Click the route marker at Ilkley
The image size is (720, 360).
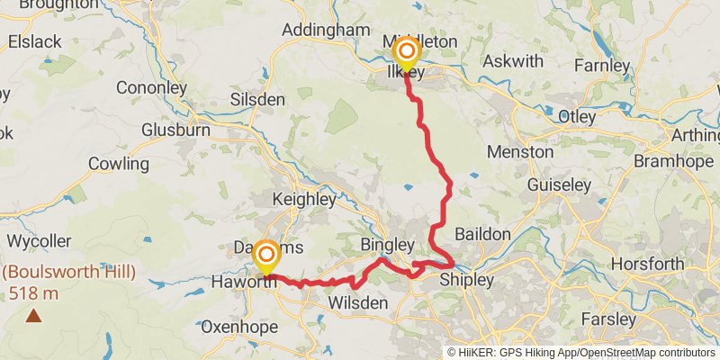(x=406, y=52)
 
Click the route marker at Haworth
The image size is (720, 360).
(x=266, y=255)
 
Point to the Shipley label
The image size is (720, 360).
(x=466, y=281)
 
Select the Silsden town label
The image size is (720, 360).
(x=256, y=99)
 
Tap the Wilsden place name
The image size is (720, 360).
(x=357, y=304)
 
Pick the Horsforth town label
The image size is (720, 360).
(x=646, y=264)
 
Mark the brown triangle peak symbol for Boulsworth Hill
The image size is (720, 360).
(x=33, y=315)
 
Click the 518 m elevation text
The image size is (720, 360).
(x=34, y=292)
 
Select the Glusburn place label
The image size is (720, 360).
(x=175, y=130)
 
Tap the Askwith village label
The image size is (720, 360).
(x=513, y=61)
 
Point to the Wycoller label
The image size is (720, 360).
(x=39, y=241)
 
